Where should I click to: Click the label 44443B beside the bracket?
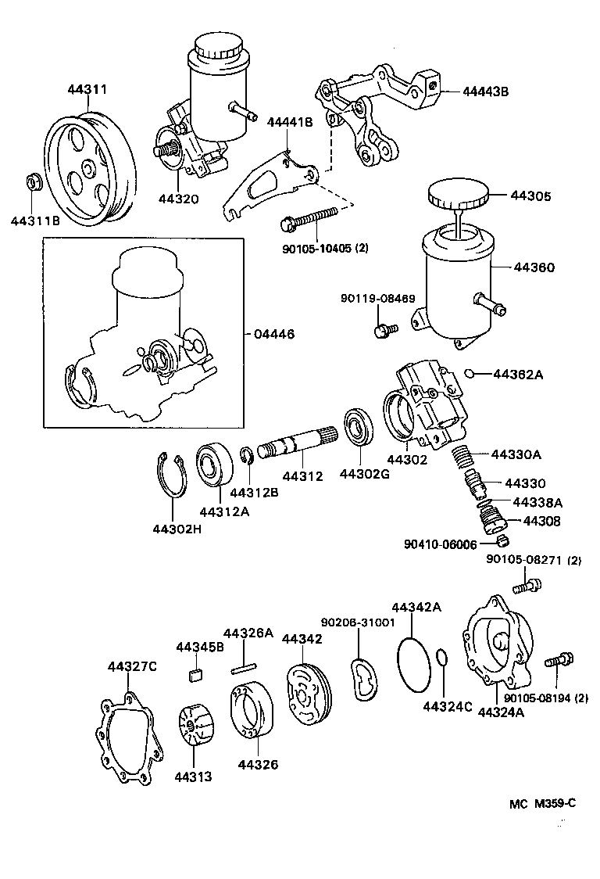(485, 91)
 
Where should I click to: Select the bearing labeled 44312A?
(211, 467)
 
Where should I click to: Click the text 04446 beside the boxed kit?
(273, 334)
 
